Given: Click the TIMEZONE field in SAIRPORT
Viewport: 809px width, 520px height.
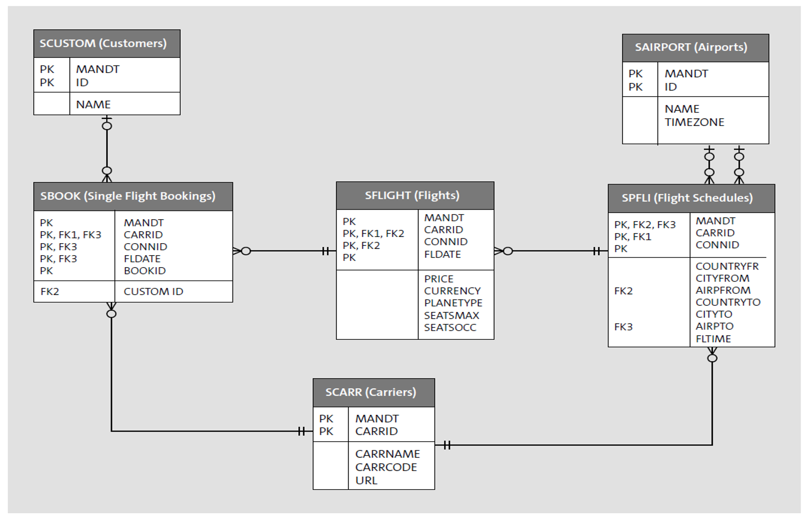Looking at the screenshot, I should click(x=694, y=122).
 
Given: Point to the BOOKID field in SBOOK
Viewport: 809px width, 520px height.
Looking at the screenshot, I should click(x=145, y=271).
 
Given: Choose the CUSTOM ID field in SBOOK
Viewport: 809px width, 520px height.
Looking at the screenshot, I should click(x=153, y=291).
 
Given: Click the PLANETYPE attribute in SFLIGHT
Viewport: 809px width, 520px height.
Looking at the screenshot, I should click(x=453, y=303).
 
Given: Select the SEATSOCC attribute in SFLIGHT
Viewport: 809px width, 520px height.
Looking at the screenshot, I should click(x=450, y=327).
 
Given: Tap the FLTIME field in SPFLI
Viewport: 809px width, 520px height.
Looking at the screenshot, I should click(x=713, y=338).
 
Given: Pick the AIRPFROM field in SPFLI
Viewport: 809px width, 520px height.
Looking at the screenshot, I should click(x=723, y=290).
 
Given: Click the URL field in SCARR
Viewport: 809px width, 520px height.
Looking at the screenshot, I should click(x=366, y=480).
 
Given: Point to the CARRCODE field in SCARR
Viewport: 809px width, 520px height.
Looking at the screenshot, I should click(x=386, y=467).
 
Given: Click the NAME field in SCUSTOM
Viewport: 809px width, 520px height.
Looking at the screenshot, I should click(x=93, y=104).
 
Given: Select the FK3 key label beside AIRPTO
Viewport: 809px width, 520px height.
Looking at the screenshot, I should click(x=623, y=327).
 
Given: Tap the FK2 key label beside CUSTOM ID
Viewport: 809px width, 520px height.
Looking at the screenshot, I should click(x=49, y=291).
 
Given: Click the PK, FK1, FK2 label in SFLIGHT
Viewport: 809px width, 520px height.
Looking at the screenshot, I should click(x=373, y=234).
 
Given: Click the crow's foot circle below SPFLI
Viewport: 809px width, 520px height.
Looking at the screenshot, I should click(x=712, y=358).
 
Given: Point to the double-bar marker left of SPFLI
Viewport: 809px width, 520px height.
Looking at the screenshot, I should click(x=596, y=251).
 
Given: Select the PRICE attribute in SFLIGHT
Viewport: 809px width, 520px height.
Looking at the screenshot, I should click(x=438, y=279).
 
